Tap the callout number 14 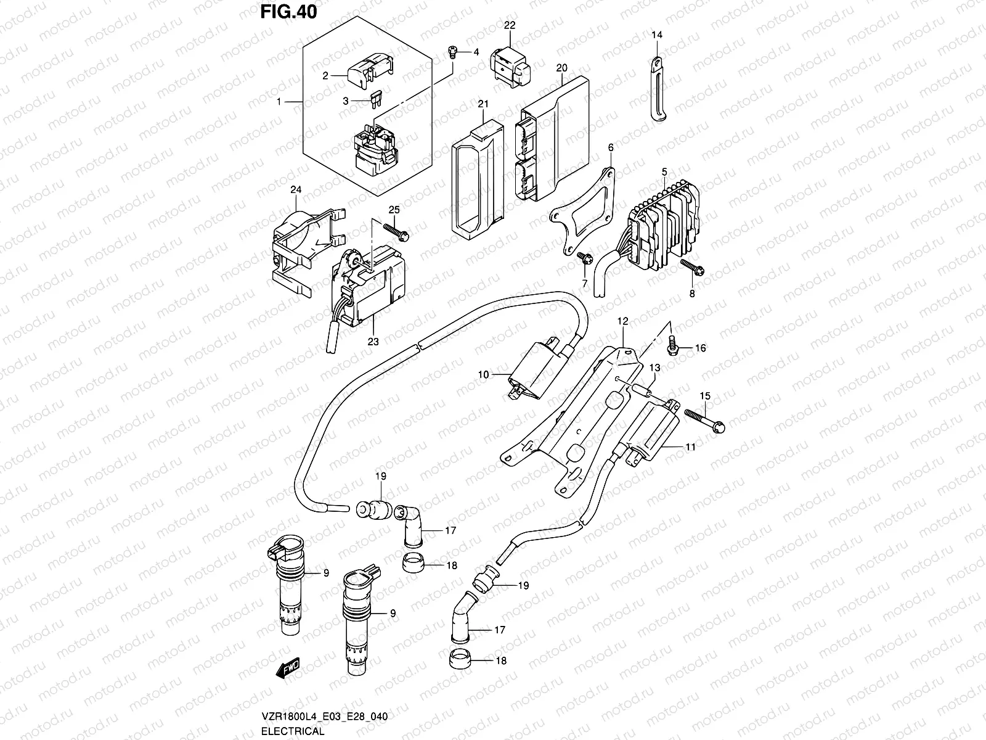pos(657,35)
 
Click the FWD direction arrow pos(289,667)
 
